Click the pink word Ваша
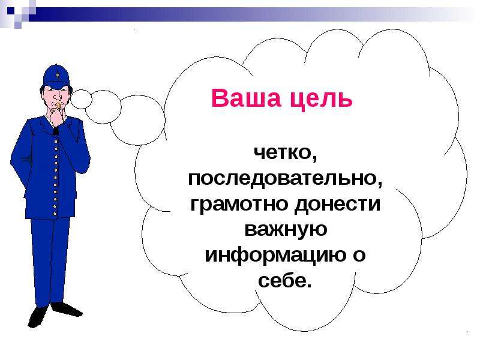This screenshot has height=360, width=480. [246, 98]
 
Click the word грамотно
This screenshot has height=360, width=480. [239, 204]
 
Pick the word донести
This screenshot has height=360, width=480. [337, 204]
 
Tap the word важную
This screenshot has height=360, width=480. [286, 230]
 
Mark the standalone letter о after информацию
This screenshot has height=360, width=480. [359, 256]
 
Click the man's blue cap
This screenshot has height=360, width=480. [56, 77]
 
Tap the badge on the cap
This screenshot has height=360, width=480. [57, 75]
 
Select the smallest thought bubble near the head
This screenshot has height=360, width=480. [81, 99]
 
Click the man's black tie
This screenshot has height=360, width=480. [55, 131]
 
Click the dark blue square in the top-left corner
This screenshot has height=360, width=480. [11, 11]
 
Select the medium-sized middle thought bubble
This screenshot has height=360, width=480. [103, 107]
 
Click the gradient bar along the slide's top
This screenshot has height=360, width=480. [245, 14]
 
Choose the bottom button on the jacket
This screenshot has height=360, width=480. [55, 214]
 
